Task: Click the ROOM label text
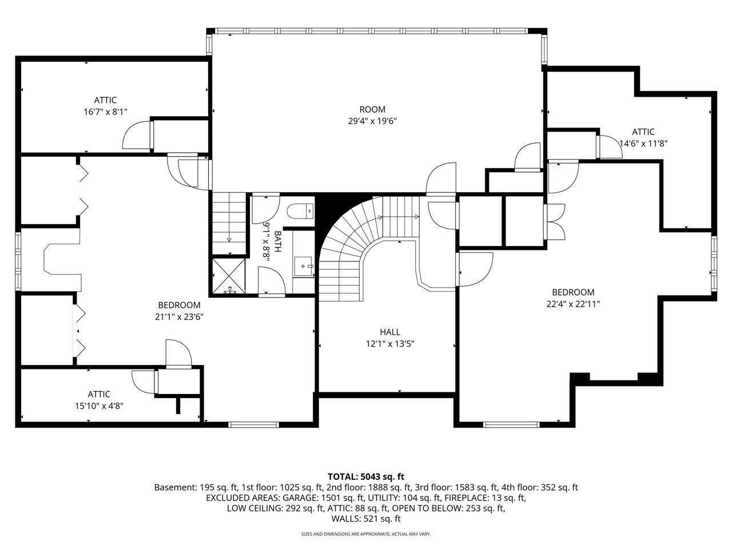[x=372, y=109]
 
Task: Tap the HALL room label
[x=390, y=332]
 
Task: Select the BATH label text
[x=277, y=242]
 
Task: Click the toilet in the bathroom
[x=300, y=212]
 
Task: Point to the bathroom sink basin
[x=303, y=266]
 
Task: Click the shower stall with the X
[x=229, y=276]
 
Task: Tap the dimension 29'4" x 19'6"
[x=372, y=121]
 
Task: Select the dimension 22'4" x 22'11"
[x=573, y=304]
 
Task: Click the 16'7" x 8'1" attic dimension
[x=105, y=112]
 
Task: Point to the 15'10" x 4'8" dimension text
[x=99, y=406]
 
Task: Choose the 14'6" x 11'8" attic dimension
[x=643, y=144]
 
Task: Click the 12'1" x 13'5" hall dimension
[x=390, y=344]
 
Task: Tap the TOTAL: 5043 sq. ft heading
[x=366, y=476]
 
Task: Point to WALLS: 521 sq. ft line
[x=366, y=519]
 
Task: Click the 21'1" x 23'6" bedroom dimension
[x=179, y=317]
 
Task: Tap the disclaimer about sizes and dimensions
[x=366, y=534]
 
